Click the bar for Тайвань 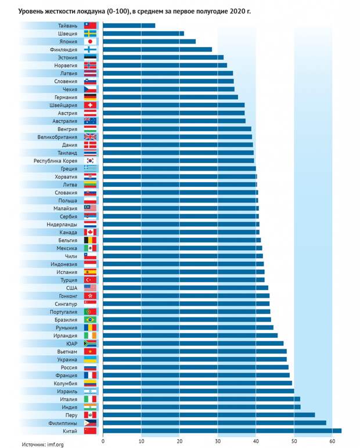tap(129, 26)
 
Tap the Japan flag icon tap(90, 42)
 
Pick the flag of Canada tap(90, 232)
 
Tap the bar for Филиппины tap(214, 423)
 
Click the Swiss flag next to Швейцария tap(90, 105)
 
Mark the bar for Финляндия tap(157, 49)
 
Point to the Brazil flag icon tap(90, 320)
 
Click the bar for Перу tap(208, 415)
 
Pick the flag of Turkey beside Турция tap(90, 280)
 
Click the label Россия tap(69, 367)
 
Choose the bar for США tap(186, 288)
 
